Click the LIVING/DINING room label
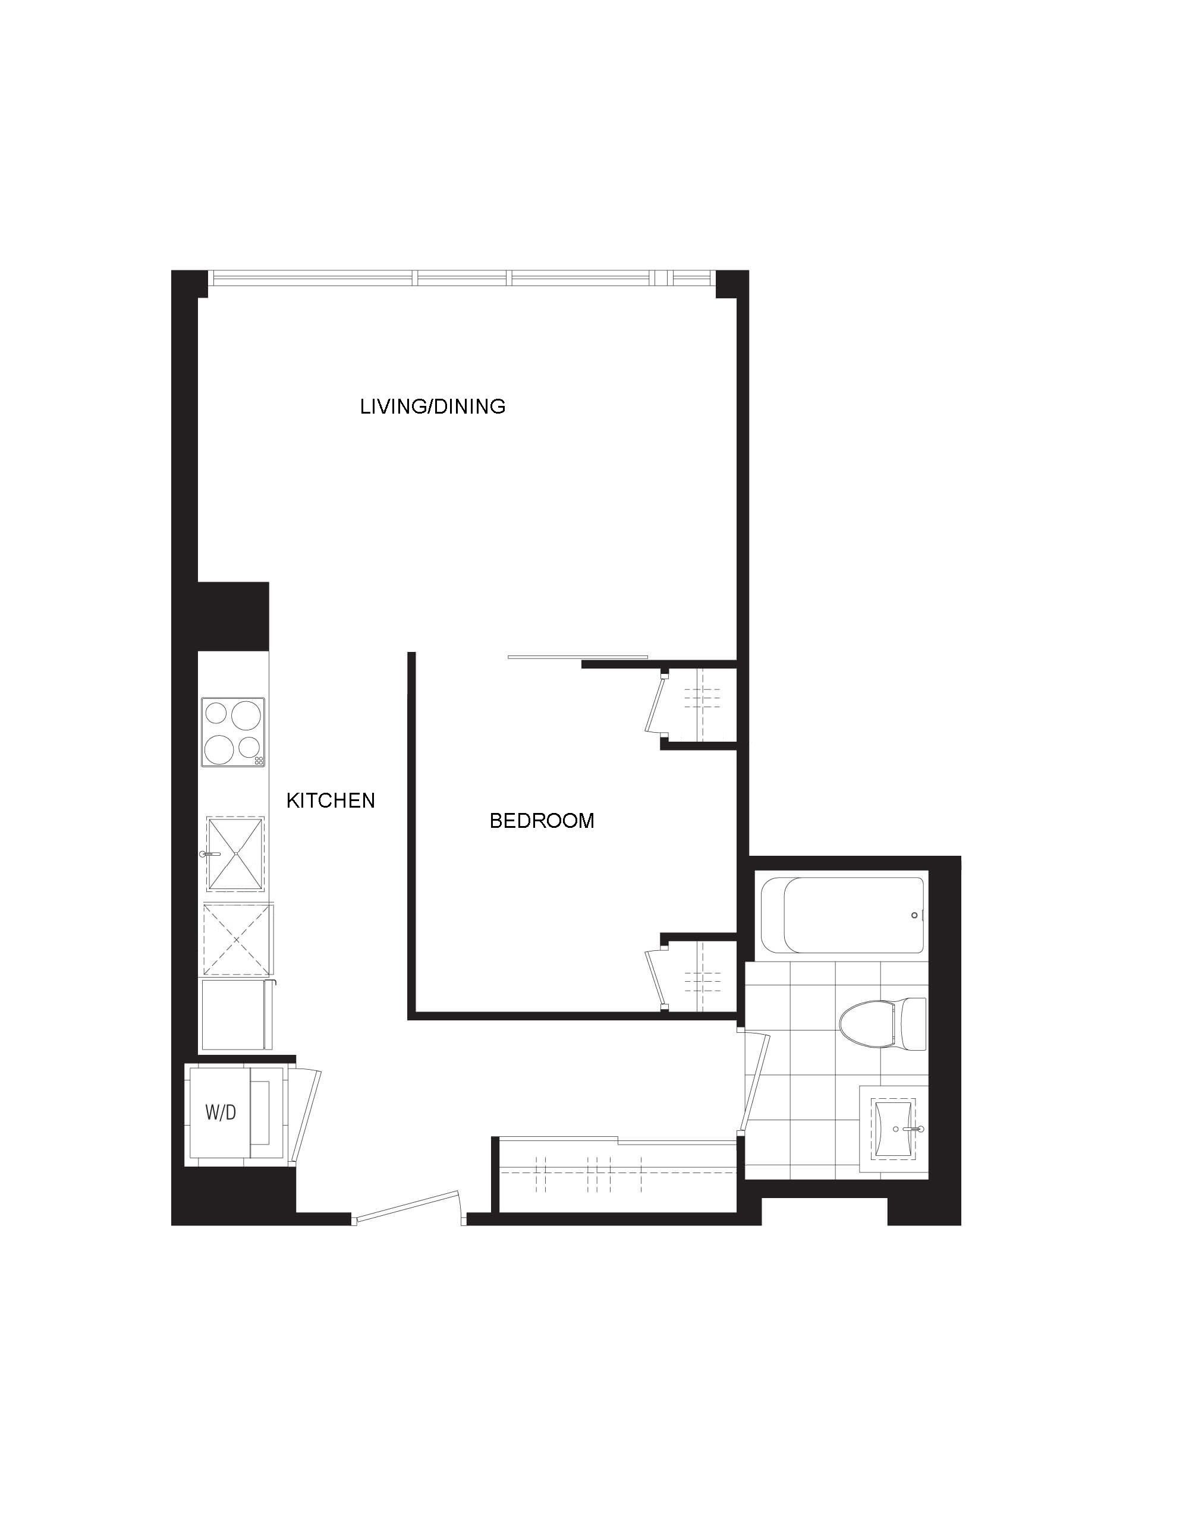coord(432,406)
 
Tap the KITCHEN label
coord(331,800)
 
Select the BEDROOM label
coord(542,821)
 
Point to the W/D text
coord(221,1112)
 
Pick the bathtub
coord(842,915)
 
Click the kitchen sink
coord(235,854)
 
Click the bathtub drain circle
coord(914,915)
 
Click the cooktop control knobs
coord(259,761)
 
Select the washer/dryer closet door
coord(304,1116)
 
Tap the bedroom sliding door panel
coord(578,657)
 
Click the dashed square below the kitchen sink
coord(237,940)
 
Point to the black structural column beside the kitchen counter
coord(233,616)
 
